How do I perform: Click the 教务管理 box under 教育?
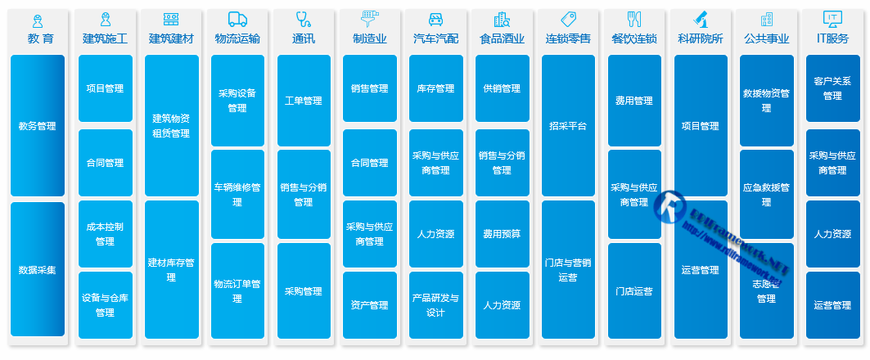38,126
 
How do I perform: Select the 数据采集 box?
38,269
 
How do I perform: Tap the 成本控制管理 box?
105,234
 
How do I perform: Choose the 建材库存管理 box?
171,269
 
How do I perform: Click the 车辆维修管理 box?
237,194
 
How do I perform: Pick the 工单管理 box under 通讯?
304,101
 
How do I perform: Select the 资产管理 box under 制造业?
369,305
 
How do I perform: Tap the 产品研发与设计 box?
436,305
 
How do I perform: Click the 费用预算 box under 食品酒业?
502,234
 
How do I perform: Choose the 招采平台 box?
568,126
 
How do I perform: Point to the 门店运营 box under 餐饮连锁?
634,291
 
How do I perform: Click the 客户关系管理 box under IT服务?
832,88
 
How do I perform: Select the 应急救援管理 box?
766,194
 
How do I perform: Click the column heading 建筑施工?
105,38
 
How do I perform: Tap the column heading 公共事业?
766,38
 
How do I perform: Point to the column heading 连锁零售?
568,38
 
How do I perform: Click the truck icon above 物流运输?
237,20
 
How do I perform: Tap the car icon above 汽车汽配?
436,20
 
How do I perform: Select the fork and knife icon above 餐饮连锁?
634,20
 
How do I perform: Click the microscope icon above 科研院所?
701,20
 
